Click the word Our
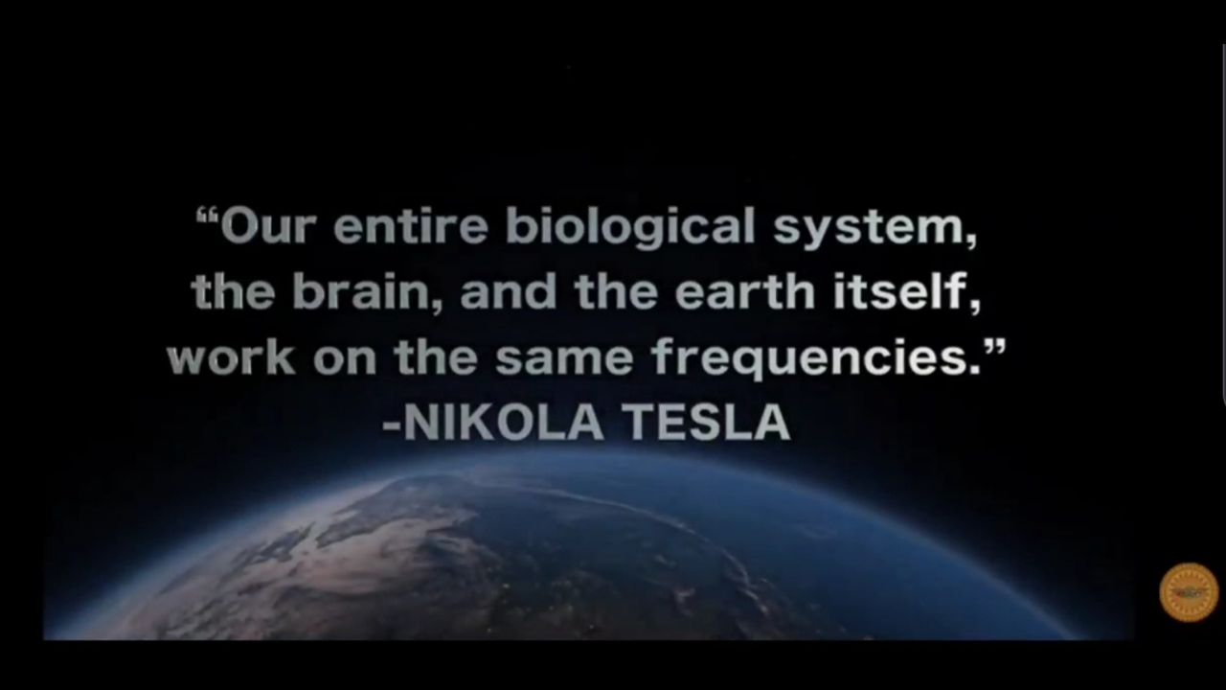coord(268,225)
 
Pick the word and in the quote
coord(509,290)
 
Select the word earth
coord(745,290)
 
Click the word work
coord(231,357)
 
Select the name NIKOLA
coord(503,422)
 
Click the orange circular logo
coord(1189,592)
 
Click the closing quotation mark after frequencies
coord(993,347)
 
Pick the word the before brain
coord(233,290)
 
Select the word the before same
coord(436,356)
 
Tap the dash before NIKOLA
coord(392,425)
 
